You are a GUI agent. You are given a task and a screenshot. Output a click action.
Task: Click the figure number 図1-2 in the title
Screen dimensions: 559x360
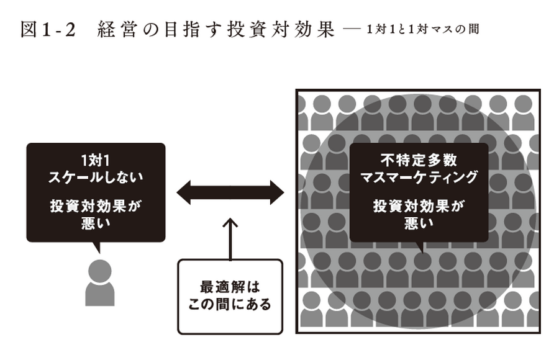[48, 29]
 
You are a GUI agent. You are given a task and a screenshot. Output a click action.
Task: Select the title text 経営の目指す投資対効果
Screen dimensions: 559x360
[216, 29]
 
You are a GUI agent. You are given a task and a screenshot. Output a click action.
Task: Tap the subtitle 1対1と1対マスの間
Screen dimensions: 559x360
[423, 29]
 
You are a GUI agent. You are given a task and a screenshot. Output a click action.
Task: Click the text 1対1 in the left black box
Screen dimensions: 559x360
[96, 161]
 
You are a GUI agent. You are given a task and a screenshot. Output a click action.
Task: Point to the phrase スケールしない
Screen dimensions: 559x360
[96, 177]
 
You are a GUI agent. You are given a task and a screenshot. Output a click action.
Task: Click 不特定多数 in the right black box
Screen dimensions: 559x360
[419, 160]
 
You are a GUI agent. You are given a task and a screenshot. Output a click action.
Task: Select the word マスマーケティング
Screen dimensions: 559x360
[419, 177]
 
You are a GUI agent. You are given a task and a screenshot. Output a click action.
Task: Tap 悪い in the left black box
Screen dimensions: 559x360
[96, 223]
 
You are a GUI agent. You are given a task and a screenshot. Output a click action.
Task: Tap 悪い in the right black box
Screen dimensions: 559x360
[419, 223]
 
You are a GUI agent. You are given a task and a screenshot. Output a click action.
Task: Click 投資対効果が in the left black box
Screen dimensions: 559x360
[96, 206]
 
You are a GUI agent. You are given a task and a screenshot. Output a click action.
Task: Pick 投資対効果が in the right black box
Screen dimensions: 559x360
[419, 206]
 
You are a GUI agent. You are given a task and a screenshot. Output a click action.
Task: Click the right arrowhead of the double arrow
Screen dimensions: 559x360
[277, 192]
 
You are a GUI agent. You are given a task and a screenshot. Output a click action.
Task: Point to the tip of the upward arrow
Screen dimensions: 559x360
[230, 218]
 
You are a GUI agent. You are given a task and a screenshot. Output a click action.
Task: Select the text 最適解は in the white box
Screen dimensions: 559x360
[230, 287]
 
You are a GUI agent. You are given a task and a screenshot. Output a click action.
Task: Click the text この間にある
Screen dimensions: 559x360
[230, 305]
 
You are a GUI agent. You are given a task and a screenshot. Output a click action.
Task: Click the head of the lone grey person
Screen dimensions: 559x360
[100, 271]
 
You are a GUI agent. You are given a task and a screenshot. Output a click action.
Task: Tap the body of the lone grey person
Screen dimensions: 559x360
[100, 294]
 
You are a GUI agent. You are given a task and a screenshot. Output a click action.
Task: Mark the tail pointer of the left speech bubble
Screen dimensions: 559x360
[97, 248]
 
